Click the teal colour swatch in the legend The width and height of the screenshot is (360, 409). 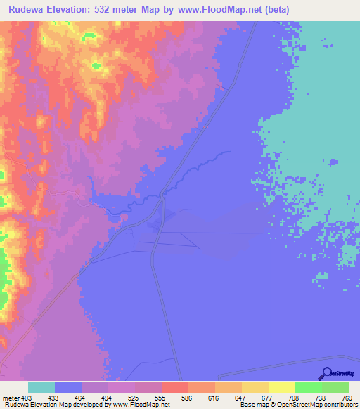(41, 387)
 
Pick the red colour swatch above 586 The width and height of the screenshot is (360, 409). (174, 387)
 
